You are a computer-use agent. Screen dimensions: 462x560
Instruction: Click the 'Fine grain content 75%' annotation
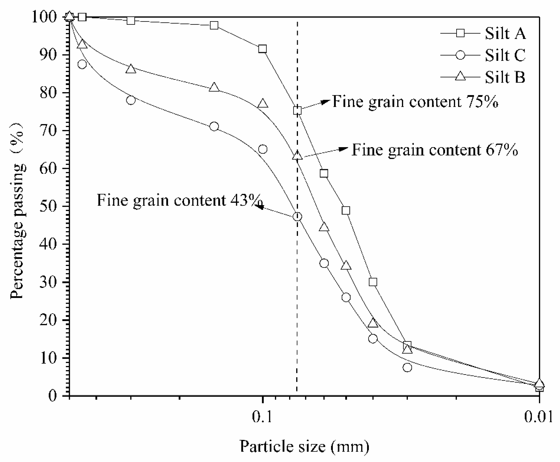click(x=415, y=102)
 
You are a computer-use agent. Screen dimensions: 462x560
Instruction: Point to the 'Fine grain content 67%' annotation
click(x=435, y=150)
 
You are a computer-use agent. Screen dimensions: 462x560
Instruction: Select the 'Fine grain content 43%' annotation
click(x=179, y=200)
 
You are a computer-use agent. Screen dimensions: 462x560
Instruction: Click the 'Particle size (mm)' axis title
click(x=304, y=446)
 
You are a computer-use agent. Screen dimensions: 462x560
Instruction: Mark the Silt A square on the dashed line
click(x=297, y=110)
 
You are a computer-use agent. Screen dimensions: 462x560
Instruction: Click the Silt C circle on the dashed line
click(x=297, y=217)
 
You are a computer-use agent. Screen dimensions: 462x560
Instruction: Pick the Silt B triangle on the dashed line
click(x=297, y=155)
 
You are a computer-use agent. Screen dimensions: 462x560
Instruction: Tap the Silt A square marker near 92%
click(x=262, y=49)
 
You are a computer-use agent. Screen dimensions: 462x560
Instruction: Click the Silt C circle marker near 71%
click(x=214, y=126)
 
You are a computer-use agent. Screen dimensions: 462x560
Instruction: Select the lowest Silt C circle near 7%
click(x=407, y=367)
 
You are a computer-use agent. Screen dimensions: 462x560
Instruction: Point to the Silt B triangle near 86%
click(x=131, y=69)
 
